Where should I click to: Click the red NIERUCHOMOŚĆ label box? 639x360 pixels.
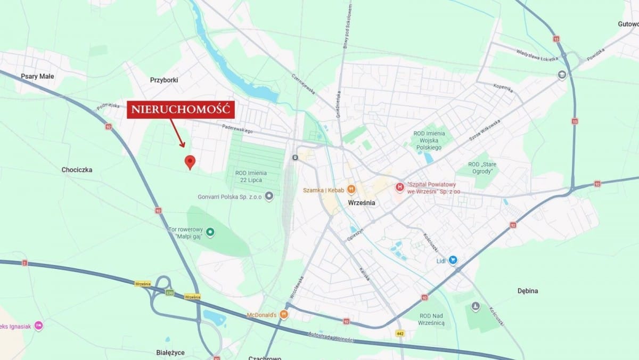(180, 110)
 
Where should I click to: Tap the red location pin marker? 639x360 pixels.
(190, 162)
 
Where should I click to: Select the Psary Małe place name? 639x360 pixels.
(37, 76)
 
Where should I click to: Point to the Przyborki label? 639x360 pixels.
(164, 80)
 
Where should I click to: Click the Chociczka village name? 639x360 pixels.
(77, 170)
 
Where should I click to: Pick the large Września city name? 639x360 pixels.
(361, 203)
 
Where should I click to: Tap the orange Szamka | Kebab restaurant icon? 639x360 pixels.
(351, 190)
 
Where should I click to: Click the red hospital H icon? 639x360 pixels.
(399, 187)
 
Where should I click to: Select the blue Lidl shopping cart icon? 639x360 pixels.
(453, 260)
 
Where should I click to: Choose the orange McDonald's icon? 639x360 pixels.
(284, 315)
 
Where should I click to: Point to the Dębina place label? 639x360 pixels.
(528, 291)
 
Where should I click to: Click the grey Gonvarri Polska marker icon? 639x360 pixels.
(269, 197)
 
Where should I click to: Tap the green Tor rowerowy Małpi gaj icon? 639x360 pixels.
(210, 232)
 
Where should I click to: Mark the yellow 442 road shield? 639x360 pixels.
(400, 333)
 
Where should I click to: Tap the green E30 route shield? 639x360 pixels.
(169, 292)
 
